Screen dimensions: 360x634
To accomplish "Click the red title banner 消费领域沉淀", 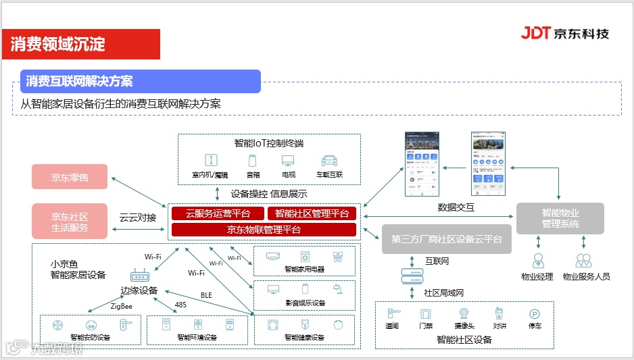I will tap(80, 45).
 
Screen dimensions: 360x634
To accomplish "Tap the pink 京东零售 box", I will tap(70, 178).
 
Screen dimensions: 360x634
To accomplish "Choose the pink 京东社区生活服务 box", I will tap(70, 222).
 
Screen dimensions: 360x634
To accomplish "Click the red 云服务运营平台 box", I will tap(217, 213).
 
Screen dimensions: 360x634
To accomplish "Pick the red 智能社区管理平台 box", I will tap(312, 213).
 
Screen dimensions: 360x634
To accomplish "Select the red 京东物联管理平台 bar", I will tap(264, 230).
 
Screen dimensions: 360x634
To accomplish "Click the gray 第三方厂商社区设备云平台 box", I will tap(447, 239).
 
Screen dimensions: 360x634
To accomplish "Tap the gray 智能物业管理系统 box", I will tap(560, 218).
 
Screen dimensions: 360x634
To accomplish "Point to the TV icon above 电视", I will tap(289, 161).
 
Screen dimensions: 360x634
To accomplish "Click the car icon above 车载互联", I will tap(329, 161).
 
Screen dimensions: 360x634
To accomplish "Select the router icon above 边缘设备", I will tap(140, 276).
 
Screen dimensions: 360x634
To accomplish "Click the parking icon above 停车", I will tap(535, 313).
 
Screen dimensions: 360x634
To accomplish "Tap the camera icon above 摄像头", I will tap(464, 313).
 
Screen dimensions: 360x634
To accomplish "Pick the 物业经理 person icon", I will tap(538, 261).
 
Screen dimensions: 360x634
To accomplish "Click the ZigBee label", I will tap(122, 307).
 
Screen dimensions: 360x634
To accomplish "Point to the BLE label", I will tap(206, 295).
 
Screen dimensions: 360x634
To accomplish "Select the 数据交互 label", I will tap(456, 207).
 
